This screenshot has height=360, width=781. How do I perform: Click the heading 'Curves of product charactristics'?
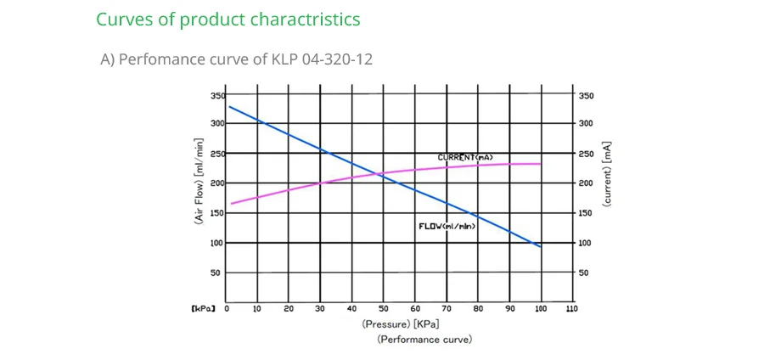click(228, 20)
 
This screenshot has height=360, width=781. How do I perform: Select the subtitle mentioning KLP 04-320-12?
click(236, 59)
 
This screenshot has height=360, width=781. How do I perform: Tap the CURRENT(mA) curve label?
click(464, 158)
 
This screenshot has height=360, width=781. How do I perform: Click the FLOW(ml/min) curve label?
click(447, 226)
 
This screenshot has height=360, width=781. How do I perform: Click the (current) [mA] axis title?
click(607, 174)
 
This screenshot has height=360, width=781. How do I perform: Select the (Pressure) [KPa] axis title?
click(400, 323)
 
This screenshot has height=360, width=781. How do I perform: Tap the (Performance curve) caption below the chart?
click(424, 339)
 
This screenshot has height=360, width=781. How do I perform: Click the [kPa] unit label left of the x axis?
click(203, 309)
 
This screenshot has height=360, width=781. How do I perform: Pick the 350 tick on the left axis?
click(218, 96)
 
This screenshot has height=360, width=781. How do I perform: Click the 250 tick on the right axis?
click(586, 154)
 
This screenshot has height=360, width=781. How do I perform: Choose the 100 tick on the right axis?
click(586, 243)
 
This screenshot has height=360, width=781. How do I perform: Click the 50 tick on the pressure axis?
click(384, 309)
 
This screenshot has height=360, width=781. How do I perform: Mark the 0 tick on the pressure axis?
click(227, 309)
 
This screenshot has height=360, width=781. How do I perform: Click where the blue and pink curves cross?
click(376, 175)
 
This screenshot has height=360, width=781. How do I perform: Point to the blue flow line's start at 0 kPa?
click(229, 106)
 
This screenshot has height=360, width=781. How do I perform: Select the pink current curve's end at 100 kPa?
click(541, 164)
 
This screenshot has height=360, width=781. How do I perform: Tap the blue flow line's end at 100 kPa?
click(541, 247)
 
